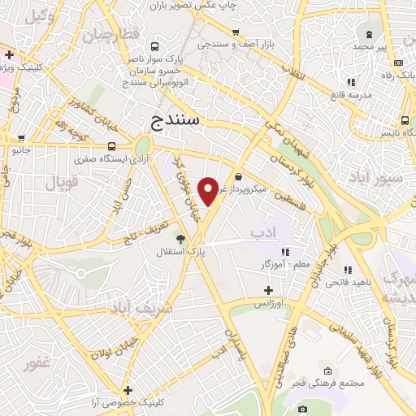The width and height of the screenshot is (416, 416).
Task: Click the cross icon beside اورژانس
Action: pos(269,290)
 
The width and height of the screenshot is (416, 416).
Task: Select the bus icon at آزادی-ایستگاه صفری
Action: pos(111,147)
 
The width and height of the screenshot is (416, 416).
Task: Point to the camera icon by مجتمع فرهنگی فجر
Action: pos(302,409)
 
